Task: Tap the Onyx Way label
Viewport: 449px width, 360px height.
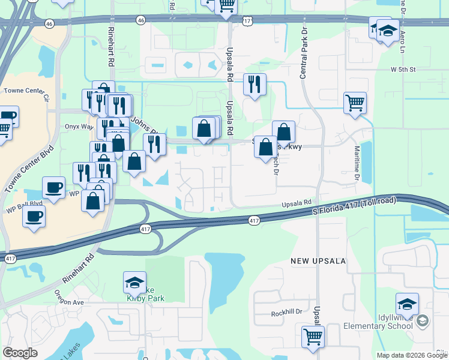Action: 79,127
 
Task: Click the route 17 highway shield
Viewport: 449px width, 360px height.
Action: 247,20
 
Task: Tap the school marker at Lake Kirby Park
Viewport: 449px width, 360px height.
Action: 134,282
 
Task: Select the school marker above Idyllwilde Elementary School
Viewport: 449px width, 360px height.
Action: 407,304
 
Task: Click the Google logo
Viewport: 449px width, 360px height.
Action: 20,353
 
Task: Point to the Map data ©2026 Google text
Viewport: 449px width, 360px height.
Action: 412,355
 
